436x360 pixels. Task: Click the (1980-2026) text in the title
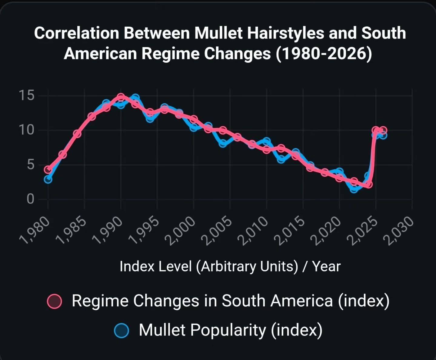coord(324,54)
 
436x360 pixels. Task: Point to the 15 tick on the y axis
coord(27,95)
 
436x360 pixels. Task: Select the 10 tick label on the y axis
coord(27,130)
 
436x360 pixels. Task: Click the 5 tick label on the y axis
coord(31,165)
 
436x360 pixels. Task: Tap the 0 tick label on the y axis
coord(31,199)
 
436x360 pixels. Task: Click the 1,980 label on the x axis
coord(35,230)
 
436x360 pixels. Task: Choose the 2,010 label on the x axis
coord(253,230)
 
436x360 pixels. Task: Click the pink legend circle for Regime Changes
coord(55,302)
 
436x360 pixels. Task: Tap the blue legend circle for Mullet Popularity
coord(121,331)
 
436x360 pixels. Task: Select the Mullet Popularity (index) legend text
coord(231,330)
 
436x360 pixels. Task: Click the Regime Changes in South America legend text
coord(231,301)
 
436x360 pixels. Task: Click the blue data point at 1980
coord(48,179)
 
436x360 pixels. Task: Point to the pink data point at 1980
coord(48,169)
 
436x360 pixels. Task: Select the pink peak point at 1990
coord(121,97)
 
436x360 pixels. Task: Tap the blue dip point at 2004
coord(223,143)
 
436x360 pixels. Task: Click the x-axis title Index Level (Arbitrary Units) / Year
coord(230,266)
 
